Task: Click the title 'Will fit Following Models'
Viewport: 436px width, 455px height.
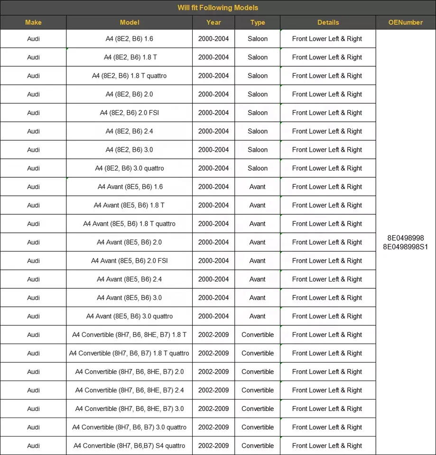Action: pyautogui.click(x=218, y=8)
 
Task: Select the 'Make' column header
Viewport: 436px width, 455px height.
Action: pyautogui.click(x=33, y=22)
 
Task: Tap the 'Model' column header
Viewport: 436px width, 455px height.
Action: pyautogui.click(x=129, y=22)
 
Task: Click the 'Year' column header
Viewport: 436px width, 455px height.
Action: pyautogui.click(x=213, y=22)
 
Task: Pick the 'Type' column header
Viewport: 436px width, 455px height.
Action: pyautogui.click(x=258, y=22)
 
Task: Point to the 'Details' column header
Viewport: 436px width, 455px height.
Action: pyautogui.click(x=328, y=22)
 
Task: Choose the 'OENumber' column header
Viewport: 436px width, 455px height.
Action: pyautogui.click(x=405, y=22)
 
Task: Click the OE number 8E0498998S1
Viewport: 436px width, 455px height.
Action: pyautogui.click(x=405, y=246)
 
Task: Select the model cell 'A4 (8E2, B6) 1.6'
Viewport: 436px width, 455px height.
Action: pyautogui.click(x=129, y=39)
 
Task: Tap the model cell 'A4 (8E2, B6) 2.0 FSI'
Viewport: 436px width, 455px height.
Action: pyautogui.click(x=129, y=113)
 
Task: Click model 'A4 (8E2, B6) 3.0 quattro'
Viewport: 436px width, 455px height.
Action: pyautogui.click(x=129, y=168)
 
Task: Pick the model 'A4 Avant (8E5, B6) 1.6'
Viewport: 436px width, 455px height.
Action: pyautogui.click(x=130, y=187)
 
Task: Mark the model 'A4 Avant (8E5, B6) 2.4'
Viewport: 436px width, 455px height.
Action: pyautogui.click(x=129, y=279)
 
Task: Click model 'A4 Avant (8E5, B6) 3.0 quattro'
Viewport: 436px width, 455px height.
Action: pyautogui.click(x=129, y=316)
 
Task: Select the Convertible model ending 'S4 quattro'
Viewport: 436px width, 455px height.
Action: pyautogui.click(x=129, y=446)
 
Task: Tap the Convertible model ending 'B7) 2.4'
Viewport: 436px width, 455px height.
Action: pyautogui.click(x=129, y=390)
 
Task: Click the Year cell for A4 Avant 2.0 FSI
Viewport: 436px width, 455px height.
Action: pyautogui.click(x=213, y=261)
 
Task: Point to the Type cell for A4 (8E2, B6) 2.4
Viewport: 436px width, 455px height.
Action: pyautogui.click(x=258, y=131)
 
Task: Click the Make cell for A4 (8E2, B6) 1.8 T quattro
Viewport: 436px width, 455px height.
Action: pyautogui.click(x=33, y=76)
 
